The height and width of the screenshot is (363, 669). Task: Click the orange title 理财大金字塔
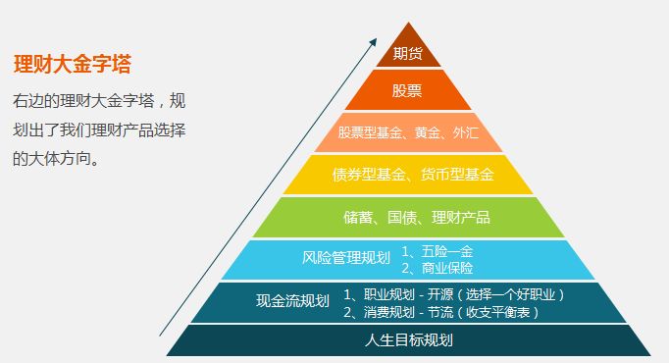73,65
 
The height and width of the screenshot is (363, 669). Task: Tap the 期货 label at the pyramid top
407,53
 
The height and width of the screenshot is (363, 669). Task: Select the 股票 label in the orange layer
407,91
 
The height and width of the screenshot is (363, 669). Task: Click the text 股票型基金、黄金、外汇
407,132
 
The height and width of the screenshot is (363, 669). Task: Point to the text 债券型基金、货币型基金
408,175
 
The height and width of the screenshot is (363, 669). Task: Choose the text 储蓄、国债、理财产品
408,217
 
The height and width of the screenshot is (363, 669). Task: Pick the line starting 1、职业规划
455,293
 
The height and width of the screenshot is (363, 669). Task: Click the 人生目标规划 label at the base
408,340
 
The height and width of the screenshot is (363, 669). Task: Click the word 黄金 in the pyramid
429,132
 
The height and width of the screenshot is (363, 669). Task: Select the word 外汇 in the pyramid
467,132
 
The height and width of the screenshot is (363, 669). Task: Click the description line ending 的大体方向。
56,157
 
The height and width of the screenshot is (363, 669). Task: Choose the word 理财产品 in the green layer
456,217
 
